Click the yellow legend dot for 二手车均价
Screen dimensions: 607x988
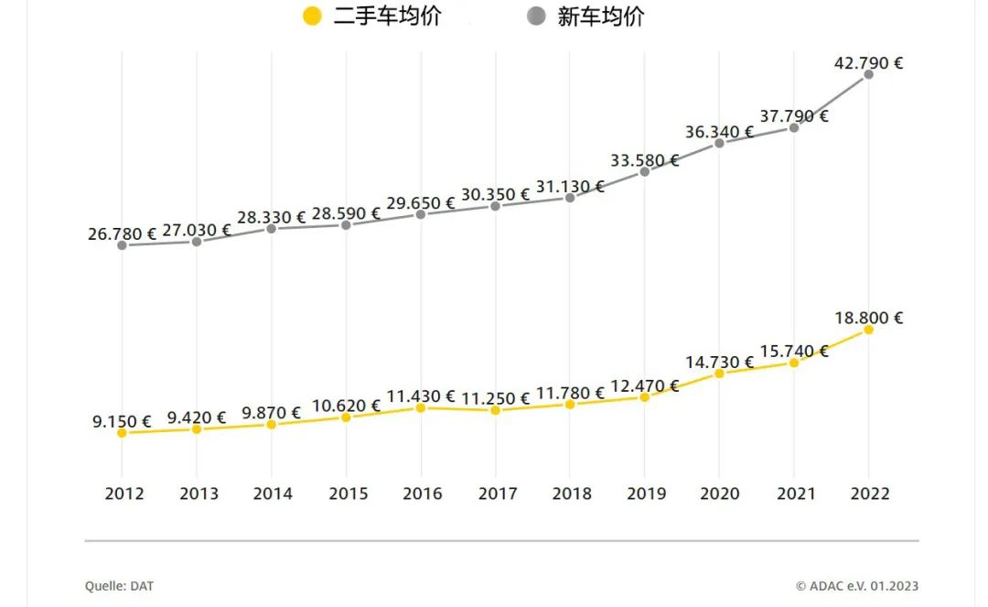point(312,16)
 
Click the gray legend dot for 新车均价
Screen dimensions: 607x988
point(537,16)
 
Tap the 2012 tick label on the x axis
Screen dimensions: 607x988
point(124,493)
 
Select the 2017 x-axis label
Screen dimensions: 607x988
point(498,493)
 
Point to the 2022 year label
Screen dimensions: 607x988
point(870,493)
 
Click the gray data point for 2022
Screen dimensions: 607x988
point(868,74)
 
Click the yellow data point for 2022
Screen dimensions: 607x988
point(868,329)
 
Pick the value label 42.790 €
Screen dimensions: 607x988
point(868,63)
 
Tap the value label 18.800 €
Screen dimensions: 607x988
point(868,318)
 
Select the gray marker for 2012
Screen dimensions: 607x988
point(122,245)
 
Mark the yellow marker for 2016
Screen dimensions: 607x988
point(421,407)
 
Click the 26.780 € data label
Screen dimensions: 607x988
point(122,234)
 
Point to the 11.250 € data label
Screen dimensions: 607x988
point(495,398)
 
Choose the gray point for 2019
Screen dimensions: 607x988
point(645,171)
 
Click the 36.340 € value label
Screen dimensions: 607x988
point(719,132)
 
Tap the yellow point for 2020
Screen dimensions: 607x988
point(719,373)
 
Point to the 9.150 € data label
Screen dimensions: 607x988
point(122,421)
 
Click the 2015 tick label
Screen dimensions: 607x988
point(349,493)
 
